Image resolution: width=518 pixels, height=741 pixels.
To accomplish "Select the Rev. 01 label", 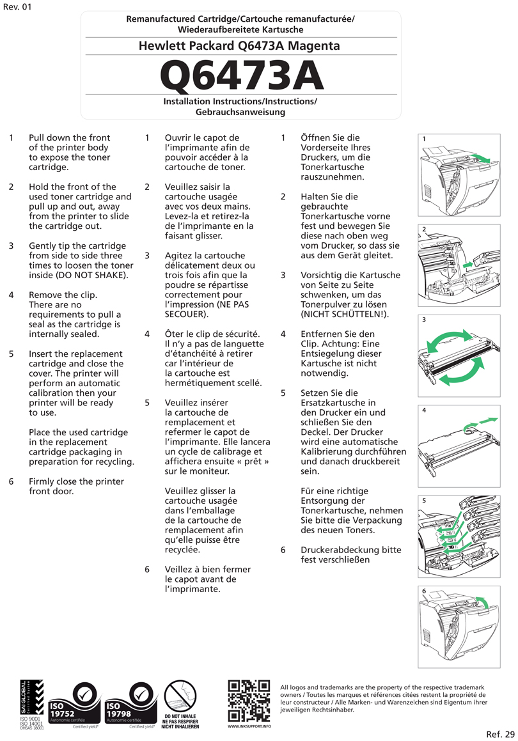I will point(17,7).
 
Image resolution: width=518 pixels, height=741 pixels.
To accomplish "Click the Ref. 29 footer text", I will point(500,733).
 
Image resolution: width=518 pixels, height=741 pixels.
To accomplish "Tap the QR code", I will point(249,701).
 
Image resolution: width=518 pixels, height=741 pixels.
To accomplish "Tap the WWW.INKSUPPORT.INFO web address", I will point(249,726).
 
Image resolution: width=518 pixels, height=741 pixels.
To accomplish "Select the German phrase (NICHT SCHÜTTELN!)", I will point(345,315).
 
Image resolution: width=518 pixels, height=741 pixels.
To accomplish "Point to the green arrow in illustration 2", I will point(468,263).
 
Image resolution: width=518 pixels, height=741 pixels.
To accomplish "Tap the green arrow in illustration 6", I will point(485,602).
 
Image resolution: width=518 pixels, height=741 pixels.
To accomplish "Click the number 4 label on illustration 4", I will point(424,410).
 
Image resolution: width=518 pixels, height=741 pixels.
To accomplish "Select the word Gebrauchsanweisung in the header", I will point(240,112).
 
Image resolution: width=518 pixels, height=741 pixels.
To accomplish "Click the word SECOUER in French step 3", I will point(185,315).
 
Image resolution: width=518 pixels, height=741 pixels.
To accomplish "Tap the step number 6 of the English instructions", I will point(12,481).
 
